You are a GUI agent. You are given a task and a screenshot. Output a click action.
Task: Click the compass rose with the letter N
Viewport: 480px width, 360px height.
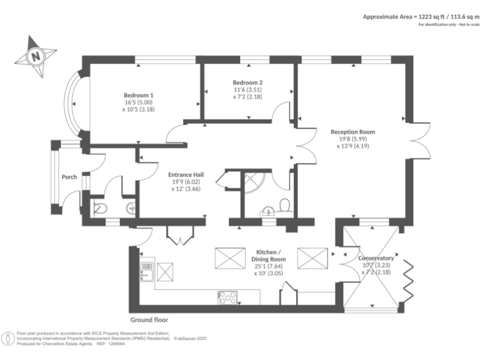[x=36, y=56]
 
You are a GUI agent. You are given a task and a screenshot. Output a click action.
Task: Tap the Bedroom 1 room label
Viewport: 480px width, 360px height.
[x=139, y=95]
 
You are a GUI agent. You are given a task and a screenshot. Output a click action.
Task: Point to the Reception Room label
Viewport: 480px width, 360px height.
[x=352, y=132]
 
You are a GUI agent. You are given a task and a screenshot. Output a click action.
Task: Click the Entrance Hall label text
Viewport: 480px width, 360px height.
[x=185, y=175]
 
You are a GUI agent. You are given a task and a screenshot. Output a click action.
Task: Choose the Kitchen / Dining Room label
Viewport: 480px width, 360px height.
[x=269, y=254]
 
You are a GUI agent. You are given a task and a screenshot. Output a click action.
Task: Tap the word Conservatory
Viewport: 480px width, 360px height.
[x=376, y=258]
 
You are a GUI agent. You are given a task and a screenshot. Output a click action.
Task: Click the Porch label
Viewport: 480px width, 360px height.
[x=69, y=177]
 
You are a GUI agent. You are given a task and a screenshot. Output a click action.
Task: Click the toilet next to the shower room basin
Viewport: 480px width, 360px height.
[x=284, y=205]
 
